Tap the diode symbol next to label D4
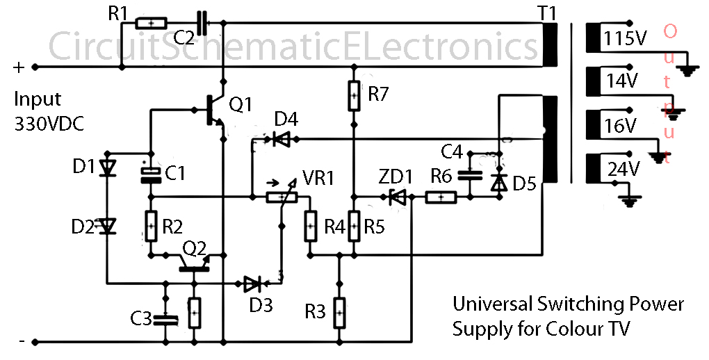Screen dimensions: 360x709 (282, 140)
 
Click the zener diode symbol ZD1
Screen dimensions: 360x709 (398, 197)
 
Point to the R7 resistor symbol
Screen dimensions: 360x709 (354, 95)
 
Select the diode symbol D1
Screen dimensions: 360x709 (107, 168)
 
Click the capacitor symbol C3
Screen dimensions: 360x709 (166, 319)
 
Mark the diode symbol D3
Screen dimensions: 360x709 (253, 283)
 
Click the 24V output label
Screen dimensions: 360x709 (621, 170)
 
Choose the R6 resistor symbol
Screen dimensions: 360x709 (440, 197)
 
